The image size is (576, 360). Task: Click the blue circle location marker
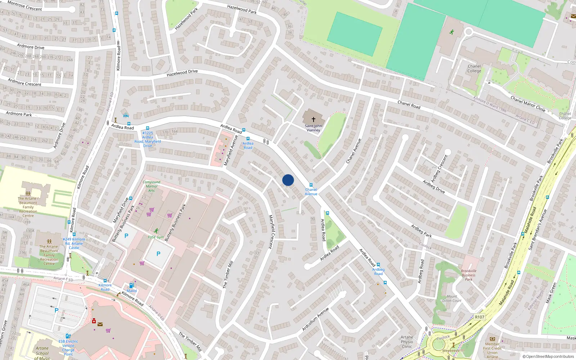click(x=288, y=180)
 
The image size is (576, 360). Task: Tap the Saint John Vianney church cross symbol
click(x=313, y=119)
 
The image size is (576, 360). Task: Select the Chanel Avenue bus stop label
click(x=311, y=192)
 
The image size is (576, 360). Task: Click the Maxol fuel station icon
click(x=131, y=285)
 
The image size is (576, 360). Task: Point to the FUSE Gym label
click(x=156, y=237)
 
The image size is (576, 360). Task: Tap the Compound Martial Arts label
click(x=152, y=186)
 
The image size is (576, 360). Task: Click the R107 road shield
click(x=480, y=317)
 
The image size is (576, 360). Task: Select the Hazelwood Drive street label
click(x=182, y=73)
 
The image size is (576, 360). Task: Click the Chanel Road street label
click(x=409, y=104)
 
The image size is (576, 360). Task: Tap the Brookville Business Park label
click(x=468, y=275)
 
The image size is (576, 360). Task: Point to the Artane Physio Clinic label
click(x=407, y=342)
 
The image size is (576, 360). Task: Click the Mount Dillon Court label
click(x=452, y=298)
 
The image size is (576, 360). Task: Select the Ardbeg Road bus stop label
click(x=378, y=271)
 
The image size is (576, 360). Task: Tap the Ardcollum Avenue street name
click(x=315, y=319)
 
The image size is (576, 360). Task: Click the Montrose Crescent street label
click(x=24, y=5)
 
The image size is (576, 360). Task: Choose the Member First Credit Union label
click(x=492, y=348)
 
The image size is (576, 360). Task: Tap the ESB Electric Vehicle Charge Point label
click(x=68, y=348)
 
